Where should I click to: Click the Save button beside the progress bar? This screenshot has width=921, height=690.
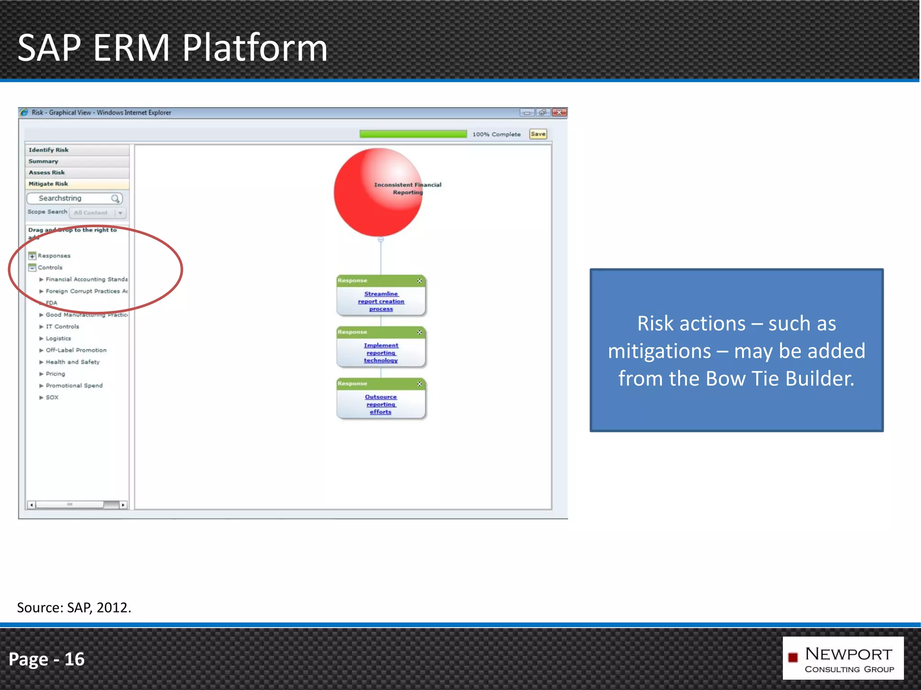tap(538, 134)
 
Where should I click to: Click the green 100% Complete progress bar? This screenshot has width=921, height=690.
tap(413, 134)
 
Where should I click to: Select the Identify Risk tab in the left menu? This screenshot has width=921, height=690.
tap(49, 150)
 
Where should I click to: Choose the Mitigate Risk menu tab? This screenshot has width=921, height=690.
tap(49, 184)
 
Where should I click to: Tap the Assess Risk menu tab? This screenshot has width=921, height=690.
tap(47, 172)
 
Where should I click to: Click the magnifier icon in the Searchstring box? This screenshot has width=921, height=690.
tap(116, 199)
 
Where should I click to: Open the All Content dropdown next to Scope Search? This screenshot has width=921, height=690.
tap(120, 213)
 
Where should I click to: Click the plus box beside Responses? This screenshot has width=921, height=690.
tap(32, 256)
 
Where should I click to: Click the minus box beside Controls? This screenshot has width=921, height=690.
tap(32, 268)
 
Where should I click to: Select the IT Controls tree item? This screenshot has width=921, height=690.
tap(62, 327)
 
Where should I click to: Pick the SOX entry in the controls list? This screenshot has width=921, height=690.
tap(52, 398)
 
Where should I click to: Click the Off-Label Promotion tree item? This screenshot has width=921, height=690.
tap(76, 350)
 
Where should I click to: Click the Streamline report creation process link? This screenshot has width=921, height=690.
tap(381, 301)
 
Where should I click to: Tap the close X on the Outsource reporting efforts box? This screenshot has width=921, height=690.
tap(419, 384)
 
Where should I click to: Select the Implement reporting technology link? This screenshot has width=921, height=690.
tap(381, 353)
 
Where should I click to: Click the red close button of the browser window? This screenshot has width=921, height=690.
tap(559, 112)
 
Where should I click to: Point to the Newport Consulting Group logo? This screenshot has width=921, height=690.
tap(842, 658)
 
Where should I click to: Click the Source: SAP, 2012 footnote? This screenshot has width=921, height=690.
tap(74, 608)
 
